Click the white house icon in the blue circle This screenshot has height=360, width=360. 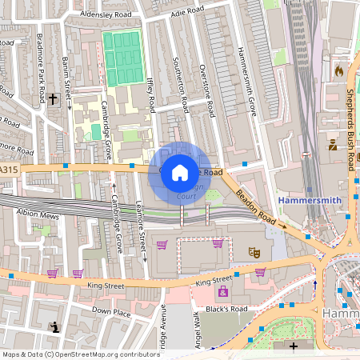[180, 171]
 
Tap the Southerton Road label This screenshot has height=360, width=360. [182, 84]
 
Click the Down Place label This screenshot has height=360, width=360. [111, 311]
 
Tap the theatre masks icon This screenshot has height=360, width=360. [255, 251]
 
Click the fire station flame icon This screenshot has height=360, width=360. [338, 70]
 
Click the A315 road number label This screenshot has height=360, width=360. [8, 170]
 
